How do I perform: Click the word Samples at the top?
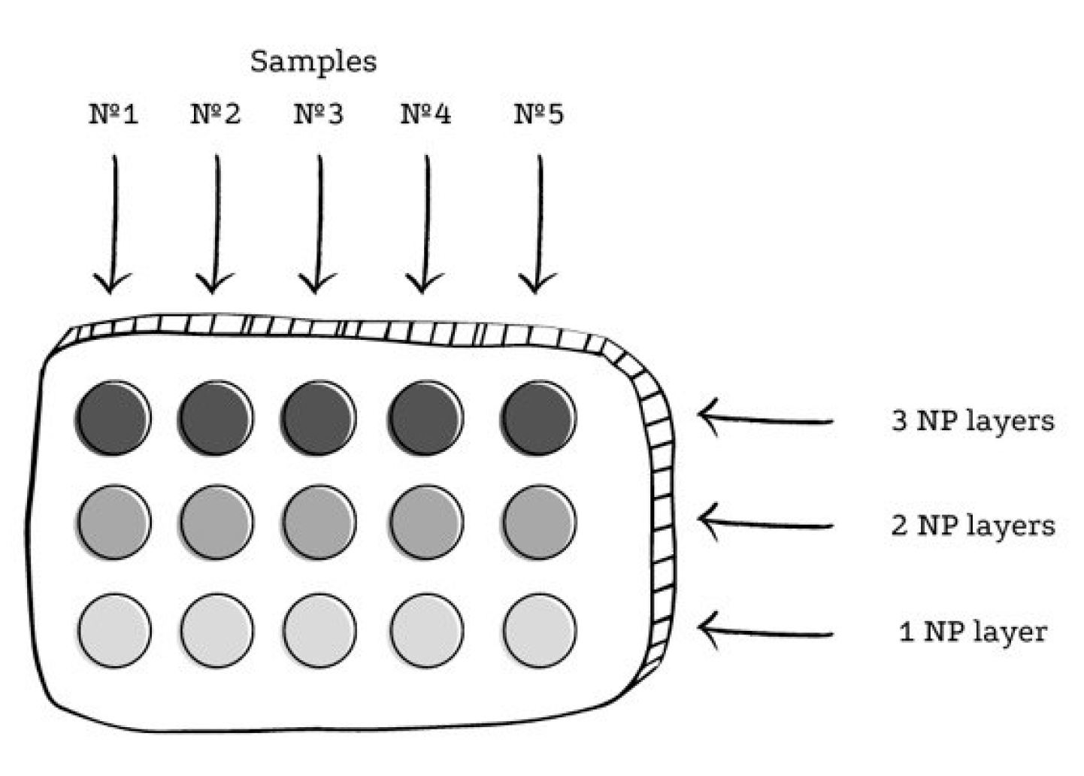tap(313, 62)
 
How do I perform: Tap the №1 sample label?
tap(114, 114)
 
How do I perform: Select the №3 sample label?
tap(318, 114)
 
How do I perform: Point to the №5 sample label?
tap(538, 114)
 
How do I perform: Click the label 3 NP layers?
tap(973, 421)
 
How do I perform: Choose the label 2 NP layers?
tap(973, 526)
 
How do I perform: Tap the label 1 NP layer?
tap(973, 632)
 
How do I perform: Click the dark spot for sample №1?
tap(114, 418)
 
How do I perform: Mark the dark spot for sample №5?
tap(539, 418)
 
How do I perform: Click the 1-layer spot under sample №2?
tap(216, 630)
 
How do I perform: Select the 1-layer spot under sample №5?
tap(539, 630)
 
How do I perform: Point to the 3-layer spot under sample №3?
tap(319, 418)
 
